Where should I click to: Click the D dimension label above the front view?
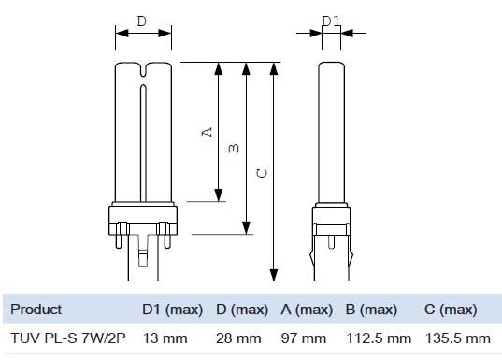(141, 22)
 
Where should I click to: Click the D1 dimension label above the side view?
(331, 22)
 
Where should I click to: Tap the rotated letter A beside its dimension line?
(208, 132)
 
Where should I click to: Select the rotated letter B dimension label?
(234, 148)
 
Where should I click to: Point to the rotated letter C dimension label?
(262, 173)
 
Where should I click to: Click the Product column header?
(36, 310)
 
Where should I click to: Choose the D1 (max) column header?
(173, 310)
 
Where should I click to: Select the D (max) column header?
(242, 310)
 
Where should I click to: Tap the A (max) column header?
(307, 310)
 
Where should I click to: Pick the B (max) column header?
(371, 310)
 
